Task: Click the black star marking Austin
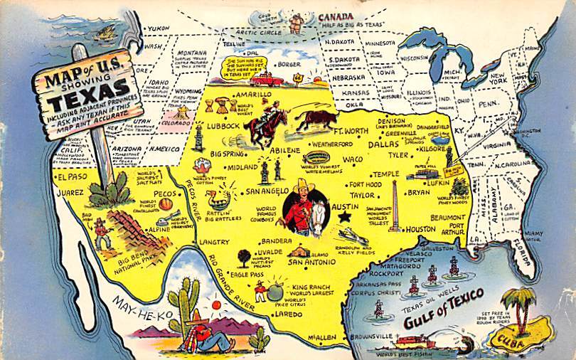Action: click(346, 215)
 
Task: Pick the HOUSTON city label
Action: click(421, 229)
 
